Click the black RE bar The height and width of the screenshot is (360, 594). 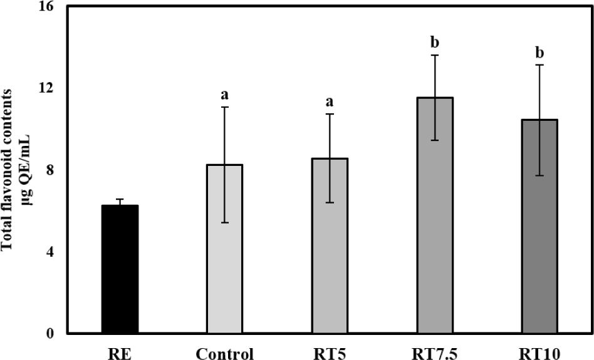pyautogui.click(x=120, y=269)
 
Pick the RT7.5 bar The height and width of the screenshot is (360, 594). pyautogui.click(x=435, y=215)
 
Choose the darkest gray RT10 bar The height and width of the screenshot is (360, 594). pyautogui.click(x=539, y=226)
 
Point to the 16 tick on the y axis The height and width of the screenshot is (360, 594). pyautogui.click(x=46, y=7)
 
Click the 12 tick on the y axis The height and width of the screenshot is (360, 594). pyautogui.click(x=46, y=88)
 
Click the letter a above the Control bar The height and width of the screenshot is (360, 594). pyautogui.click(x=224, y=95)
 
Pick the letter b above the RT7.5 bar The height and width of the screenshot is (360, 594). pyautogui.click(x=434, y=43)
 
